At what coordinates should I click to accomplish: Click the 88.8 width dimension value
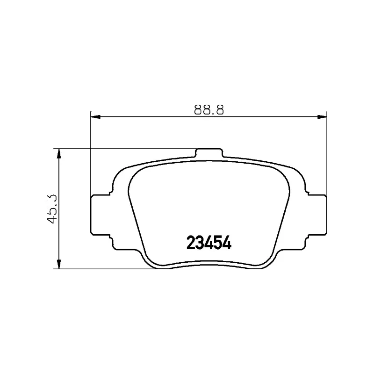(208, 110)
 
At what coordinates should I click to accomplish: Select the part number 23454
(209, 243)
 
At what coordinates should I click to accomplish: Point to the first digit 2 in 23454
(191, 243)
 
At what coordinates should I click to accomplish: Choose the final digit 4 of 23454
(227, 243)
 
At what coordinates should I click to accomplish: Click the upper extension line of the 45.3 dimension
(126, 149)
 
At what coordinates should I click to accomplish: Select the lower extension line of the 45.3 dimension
(108, 269)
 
